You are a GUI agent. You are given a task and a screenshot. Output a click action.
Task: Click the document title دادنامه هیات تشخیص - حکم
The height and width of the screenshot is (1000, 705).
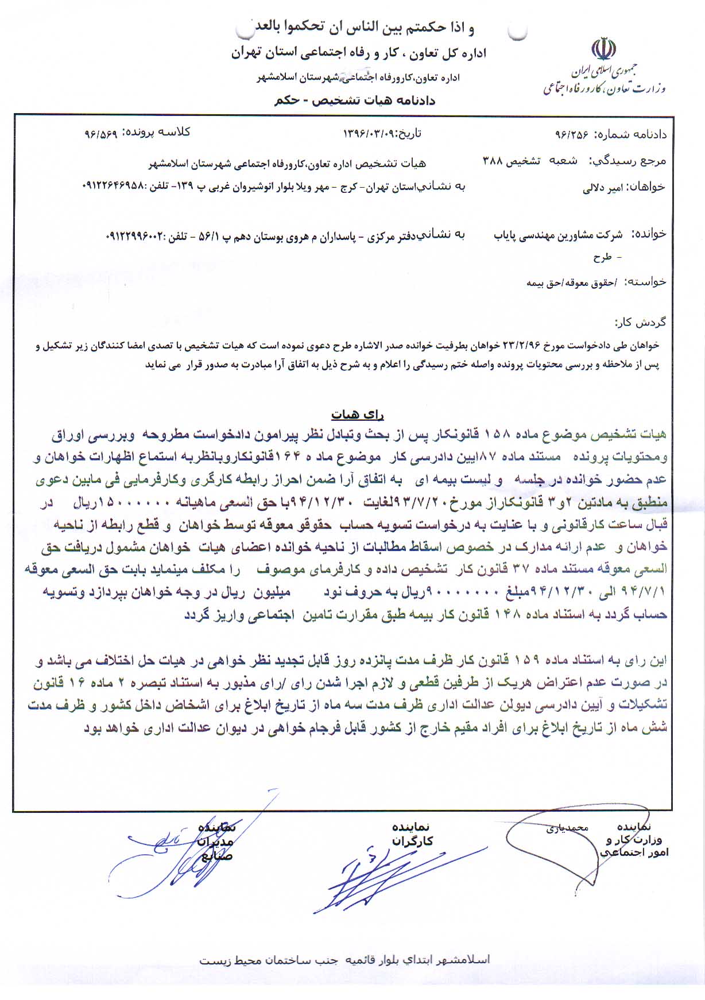tap(355, 100)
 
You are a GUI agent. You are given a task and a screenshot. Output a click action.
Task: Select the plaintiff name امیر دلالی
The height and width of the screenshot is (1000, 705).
tap(603, 187)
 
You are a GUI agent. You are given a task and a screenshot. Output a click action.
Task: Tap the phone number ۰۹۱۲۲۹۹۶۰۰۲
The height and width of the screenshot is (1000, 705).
tap(135, 236)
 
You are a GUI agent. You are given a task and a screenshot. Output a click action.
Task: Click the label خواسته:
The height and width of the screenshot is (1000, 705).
tap(646, 281)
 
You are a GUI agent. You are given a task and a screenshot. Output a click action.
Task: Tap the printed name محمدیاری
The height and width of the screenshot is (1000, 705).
tap(567, 828)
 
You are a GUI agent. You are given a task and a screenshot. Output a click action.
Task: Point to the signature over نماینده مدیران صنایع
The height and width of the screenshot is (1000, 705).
tap(172, 850)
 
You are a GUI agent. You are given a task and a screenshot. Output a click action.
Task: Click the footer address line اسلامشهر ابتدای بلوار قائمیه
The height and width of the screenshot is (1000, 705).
tap(344, 960)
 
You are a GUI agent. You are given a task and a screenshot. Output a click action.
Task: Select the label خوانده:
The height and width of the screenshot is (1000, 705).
tap(649, 234)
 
